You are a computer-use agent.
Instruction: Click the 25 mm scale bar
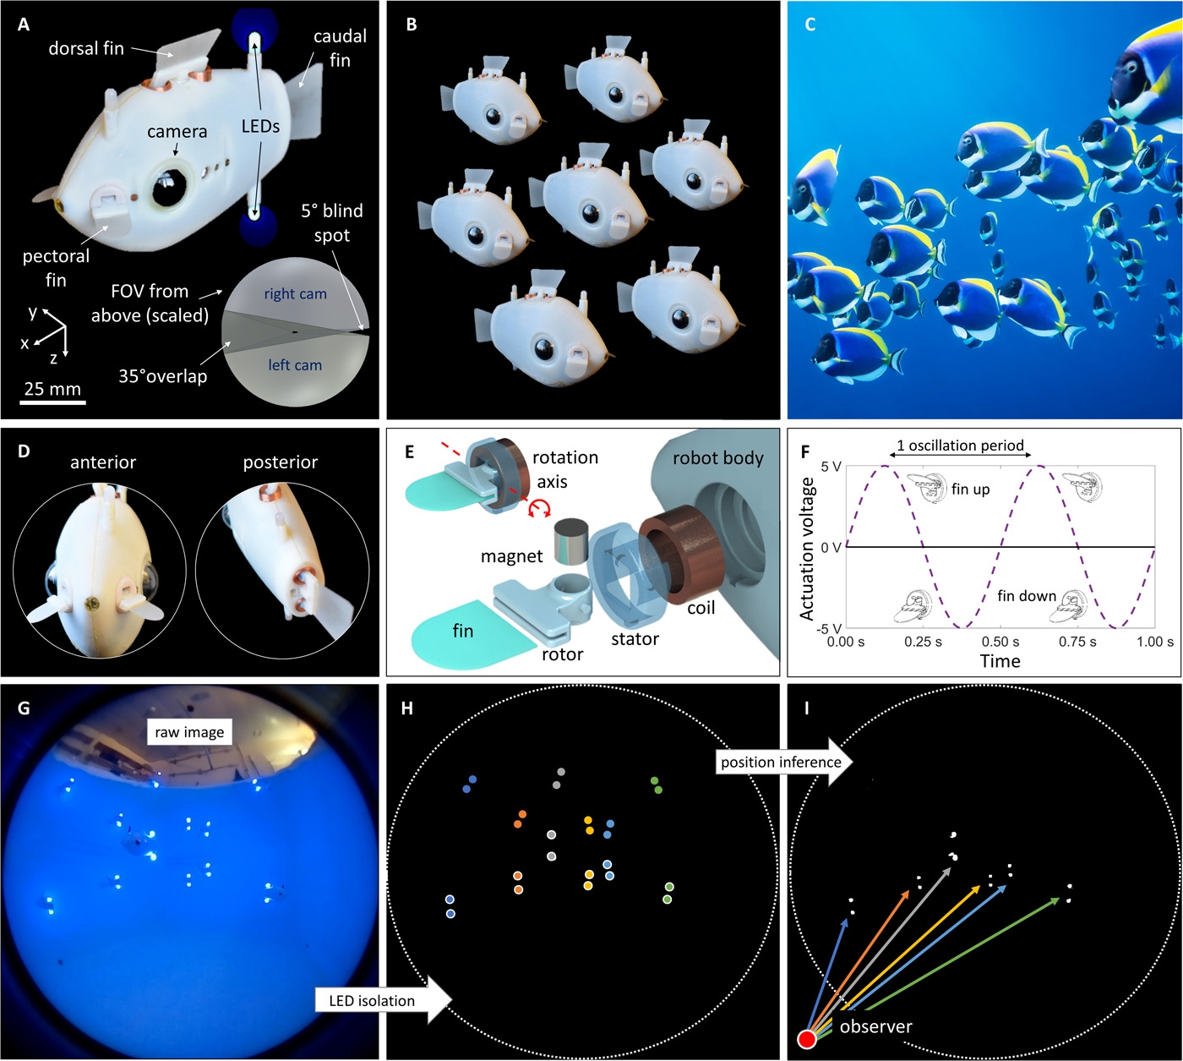tap(52, 402)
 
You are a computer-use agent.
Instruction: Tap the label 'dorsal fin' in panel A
tap(86, 49)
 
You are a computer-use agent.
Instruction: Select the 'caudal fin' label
tap(340, 48)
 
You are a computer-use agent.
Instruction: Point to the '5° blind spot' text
tap(332, 223)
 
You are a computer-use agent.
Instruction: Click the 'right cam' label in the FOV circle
tap(295, 294)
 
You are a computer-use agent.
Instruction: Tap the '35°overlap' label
tap(162, 376)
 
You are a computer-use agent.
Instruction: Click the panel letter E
tap(410, 452)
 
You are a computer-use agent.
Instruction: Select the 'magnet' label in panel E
tap(511, 556)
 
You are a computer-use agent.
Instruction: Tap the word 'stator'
tap(635, 639)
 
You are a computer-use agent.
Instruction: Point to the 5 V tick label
tap(831, 467)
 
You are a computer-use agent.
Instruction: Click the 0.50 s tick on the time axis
tap(1000, 642)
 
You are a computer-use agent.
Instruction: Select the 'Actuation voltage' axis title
tap(807, 548)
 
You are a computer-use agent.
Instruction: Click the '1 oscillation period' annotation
tap(960, 446)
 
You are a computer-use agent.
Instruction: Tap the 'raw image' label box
tap(189, 732)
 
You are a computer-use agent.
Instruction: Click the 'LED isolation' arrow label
tap(372, 1001)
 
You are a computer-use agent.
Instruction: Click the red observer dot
tap(807, 1039)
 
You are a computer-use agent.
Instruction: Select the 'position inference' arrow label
tap(781, 763)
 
